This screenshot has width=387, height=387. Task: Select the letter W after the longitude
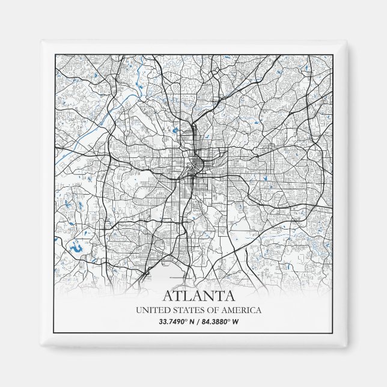[236, 321]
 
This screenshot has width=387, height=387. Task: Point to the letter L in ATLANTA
[189, 296]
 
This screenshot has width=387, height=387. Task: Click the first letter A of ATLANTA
[168, 296]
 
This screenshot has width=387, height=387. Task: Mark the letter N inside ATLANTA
[209, 296]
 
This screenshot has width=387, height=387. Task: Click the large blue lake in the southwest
[76, 246]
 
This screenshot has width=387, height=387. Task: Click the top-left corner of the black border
[55, 55]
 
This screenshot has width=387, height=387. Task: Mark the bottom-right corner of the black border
[332, 332]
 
